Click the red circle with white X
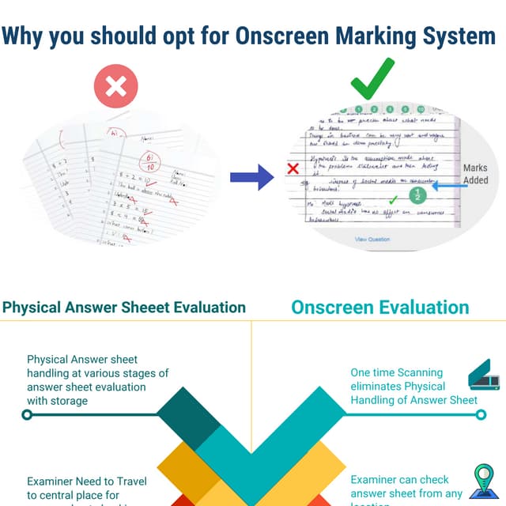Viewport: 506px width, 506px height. click(x=116, y=86)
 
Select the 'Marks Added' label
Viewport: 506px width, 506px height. click(x=475, y=174)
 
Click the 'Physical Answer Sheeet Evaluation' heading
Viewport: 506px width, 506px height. click(x=124, y=308)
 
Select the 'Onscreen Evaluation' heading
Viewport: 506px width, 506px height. click(x=379, y=308)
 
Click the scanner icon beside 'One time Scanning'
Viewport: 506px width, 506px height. click(x=484, y=376)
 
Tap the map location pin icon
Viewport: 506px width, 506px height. click(x=481, y=481)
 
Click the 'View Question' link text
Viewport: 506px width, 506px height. click(x=372, y=239)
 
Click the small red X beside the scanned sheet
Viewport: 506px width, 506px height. click(x=293, y=168)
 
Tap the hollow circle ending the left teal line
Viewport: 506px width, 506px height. click(x=27, y=413)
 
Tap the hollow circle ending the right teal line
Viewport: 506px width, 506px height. click(x=481, y=413)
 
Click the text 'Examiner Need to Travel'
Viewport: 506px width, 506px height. click(x=88, y=481)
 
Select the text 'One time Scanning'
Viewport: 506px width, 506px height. click(x=397, y=372)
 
